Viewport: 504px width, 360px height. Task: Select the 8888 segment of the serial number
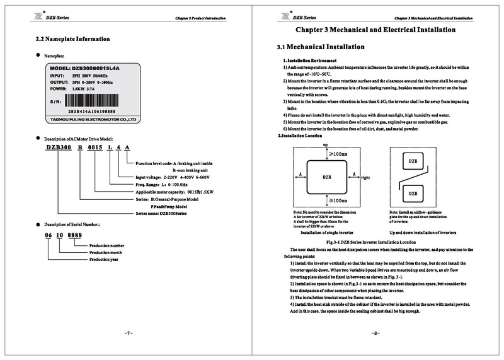76,235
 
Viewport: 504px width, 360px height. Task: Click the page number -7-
127,332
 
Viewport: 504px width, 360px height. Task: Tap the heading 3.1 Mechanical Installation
321,47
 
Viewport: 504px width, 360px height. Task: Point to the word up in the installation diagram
326,144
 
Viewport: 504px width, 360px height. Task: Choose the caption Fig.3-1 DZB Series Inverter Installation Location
370,242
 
